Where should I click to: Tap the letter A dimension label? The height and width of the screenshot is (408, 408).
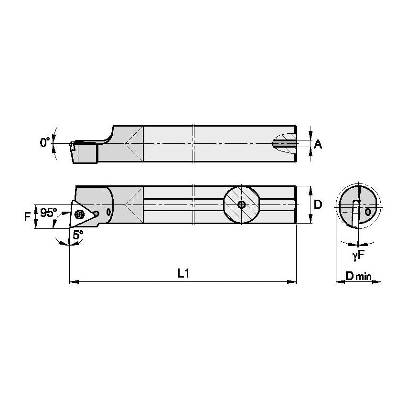coord(318,143)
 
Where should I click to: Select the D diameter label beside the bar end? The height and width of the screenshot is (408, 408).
coord(318,204)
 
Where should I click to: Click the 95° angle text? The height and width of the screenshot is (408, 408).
coord(48,213)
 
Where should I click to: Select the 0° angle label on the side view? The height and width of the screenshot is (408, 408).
coord(45,142)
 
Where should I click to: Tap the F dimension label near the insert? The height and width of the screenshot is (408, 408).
coord(27,216)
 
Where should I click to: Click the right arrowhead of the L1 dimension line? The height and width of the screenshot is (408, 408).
coord(293,282)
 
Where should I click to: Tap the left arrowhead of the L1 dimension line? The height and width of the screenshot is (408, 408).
coord(73,282)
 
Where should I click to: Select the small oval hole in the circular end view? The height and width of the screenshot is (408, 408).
coord(368,211)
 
